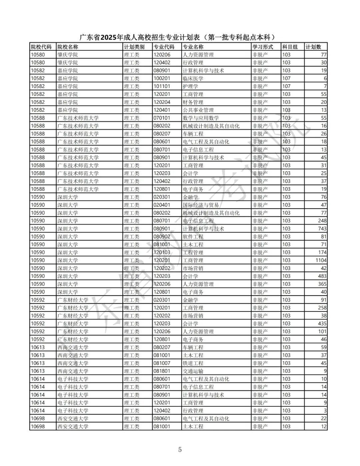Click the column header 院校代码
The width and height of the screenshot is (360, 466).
(x=41, y=47)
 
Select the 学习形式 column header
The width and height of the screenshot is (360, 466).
(x=263, y=47)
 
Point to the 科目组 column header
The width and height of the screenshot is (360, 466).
(x=290, y=47)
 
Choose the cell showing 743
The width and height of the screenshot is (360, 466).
(x=322, y=229)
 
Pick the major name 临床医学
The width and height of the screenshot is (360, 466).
(x=193, y=79)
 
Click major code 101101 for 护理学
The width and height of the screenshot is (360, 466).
(x=162, y=86)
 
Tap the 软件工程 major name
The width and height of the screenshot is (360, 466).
(x=193, y=237)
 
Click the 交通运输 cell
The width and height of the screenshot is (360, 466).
(x=193, y=371)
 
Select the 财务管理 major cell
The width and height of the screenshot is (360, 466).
(x=193, y=102)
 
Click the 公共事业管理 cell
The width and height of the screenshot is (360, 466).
(x=198, y=110)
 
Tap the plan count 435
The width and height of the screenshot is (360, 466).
(x=322, y=324)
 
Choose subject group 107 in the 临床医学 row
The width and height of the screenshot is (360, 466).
(x=286, y=79)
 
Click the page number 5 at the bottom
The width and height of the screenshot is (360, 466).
(x=180, y=449)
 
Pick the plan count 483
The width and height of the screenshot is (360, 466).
(x=322, y=276)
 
